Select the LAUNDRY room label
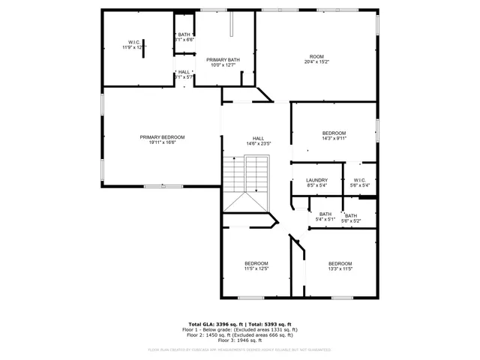click(316, 180)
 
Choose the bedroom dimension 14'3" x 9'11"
click(334, 138)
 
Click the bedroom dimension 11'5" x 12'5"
click(256, 268)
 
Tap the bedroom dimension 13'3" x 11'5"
click(340, 268)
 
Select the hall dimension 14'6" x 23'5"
click(258, 143)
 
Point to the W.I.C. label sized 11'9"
click(134, 42)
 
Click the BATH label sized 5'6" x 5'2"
click(351, 216)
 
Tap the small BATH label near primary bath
click(184, 34)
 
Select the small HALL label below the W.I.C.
click(184, 72)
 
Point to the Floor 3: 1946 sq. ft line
click(240, 340)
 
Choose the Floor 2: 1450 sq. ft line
click(240, 334)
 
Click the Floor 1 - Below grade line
click(240, 329)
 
